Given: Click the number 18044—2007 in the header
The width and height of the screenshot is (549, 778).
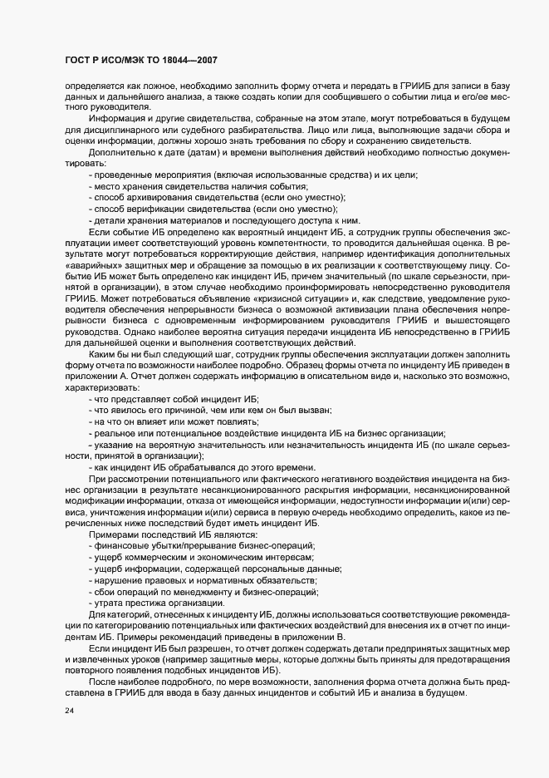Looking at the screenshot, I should pyautogui.click(x=188, y=61).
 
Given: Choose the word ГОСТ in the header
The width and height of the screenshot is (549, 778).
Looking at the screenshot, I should pyautogui.click(x=78, y=61).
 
